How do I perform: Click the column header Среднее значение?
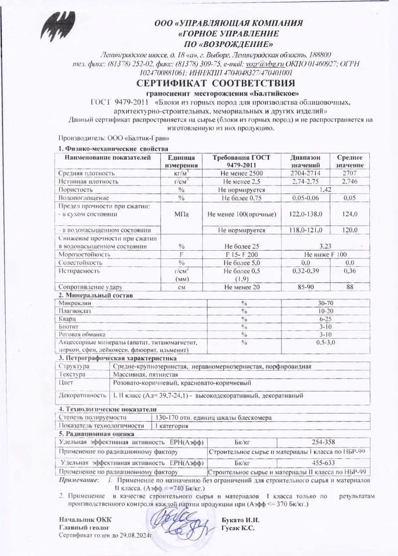(349, 161)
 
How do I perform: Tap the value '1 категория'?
(172, 425)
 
